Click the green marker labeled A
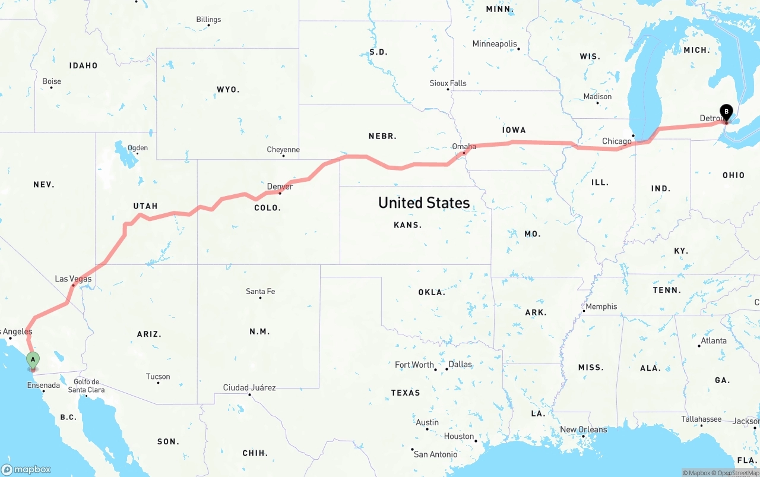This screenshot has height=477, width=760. click(33, 359)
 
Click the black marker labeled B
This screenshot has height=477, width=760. click(726, 111)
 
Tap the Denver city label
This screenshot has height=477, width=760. click(280, 187)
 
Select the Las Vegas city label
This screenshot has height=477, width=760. click(73, 279)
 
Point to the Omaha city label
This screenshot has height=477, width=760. click(464, 146)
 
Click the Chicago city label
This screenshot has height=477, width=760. click(617, 141)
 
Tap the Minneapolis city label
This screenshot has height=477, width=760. click(495, 44)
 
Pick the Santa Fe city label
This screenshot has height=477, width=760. click(260, 291)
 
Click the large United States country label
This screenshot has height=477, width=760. click(424, 203)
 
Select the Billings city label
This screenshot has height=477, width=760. click(208, 20)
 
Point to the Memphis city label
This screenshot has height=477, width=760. click(601, 307)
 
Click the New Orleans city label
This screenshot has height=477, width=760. click(584, 429)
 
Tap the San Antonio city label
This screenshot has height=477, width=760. click(436, 454)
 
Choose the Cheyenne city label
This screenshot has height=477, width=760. click(283, 150)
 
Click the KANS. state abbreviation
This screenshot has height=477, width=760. click(408, 225)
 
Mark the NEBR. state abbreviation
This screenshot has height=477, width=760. click(382, 136)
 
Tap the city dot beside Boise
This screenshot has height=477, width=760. click(51, 88)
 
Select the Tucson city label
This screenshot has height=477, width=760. click(158, 377)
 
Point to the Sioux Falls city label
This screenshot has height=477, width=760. click(448, 83)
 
